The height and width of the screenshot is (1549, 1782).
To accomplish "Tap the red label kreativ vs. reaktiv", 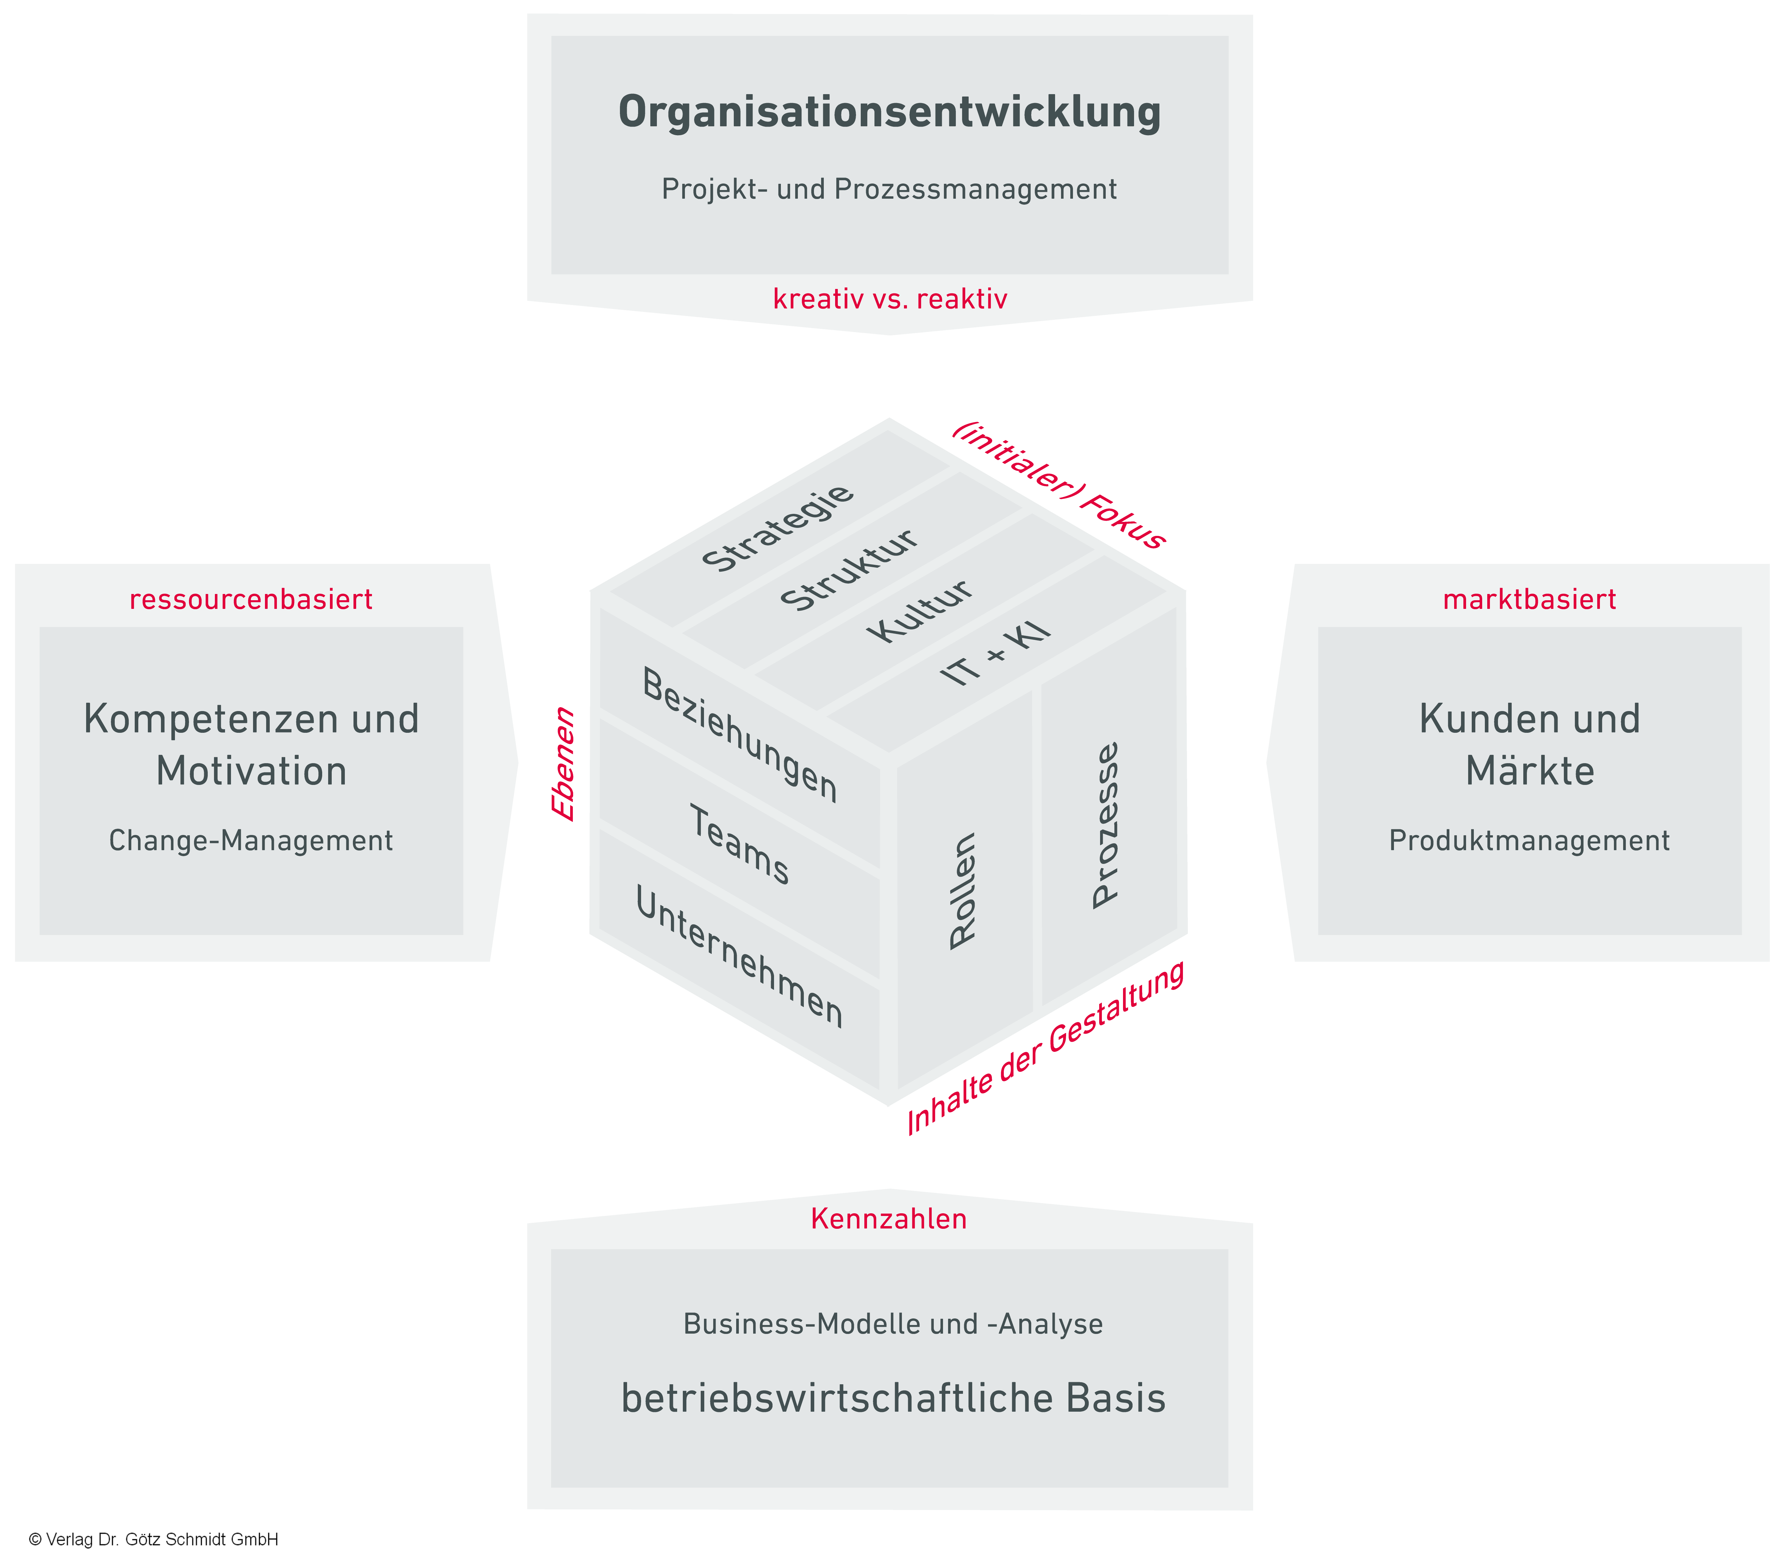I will pos(890,299).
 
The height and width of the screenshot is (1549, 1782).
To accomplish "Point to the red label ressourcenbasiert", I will pos(251,599).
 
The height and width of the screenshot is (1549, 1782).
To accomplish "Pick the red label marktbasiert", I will pos(1529,599).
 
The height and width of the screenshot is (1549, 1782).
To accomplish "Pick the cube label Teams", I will pos(739,845).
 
